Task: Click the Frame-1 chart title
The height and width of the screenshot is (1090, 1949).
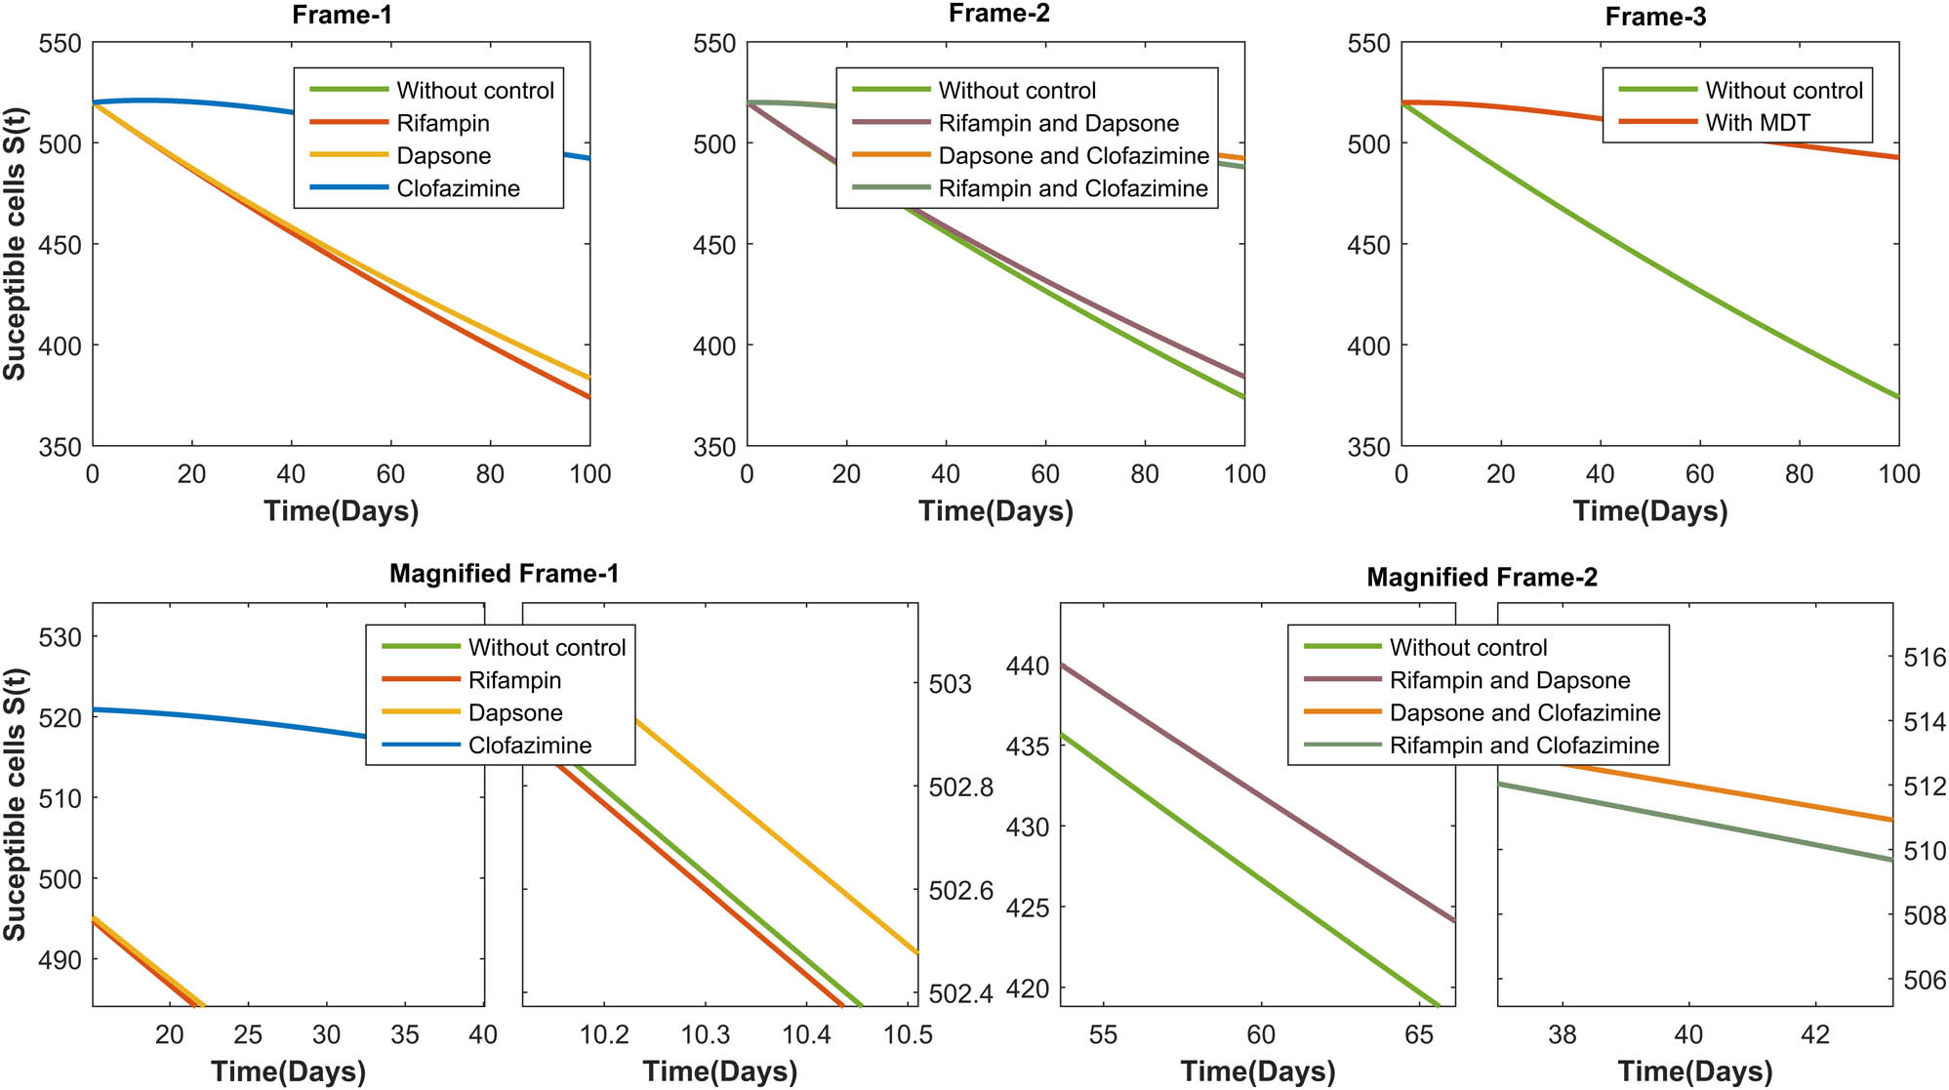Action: click(342, 16)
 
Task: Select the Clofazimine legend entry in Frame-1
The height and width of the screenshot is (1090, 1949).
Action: click(458, 188)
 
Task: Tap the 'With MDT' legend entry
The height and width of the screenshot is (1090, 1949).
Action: click(1757, 123)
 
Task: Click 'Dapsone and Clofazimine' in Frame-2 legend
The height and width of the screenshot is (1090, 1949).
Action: click(1073, 156)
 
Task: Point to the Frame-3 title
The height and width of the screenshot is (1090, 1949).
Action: click(1655, 17)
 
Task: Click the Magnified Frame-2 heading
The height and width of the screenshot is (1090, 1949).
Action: click(1482, 578)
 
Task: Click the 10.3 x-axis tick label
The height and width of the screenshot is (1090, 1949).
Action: click(706, 1034)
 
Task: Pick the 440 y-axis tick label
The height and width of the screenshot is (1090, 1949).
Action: click(1027, 666)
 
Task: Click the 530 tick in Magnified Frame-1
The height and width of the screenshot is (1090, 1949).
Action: click(60, 638)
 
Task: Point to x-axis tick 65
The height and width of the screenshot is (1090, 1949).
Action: click(1418, 1034)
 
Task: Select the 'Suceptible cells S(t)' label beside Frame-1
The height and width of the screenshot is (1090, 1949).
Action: click(15, 244)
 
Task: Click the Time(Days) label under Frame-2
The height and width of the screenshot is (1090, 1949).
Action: click(995, 511)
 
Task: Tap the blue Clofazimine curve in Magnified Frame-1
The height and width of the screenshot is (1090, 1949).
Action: click(244, 719)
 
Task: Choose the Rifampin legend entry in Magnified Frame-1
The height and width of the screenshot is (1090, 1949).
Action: click(514, 680)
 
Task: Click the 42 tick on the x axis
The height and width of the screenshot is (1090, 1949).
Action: click(1814, 1034)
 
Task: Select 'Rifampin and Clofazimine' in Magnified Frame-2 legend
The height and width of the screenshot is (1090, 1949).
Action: click(1523, 746)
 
